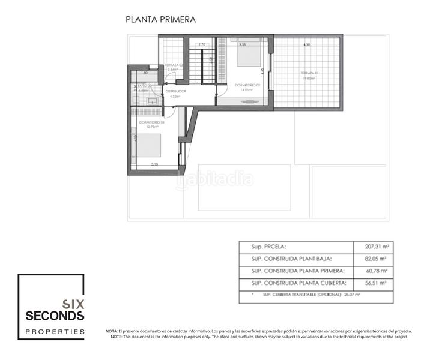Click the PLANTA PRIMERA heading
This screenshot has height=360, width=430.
click(160, 19)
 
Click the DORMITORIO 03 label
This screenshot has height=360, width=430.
click(151, 122)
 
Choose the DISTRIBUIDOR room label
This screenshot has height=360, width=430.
click(175, 91)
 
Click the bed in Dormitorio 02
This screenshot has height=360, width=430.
click(248, 55)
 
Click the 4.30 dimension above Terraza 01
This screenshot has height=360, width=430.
click(306, 45)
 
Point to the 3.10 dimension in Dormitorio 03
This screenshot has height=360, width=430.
click(154, 164)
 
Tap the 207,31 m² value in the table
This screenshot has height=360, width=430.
click(377, 247)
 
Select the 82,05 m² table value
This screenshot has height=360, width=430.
click(377, 259)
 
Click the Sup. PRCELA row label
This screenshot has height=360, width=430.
click(264, 247)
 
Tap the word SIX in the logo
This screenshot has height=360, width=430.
click(73, 304)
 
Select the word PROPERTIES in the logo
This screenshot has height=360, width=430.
click(55, 331)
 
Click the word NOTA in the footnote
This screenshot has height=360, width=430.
click(112, 331)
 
